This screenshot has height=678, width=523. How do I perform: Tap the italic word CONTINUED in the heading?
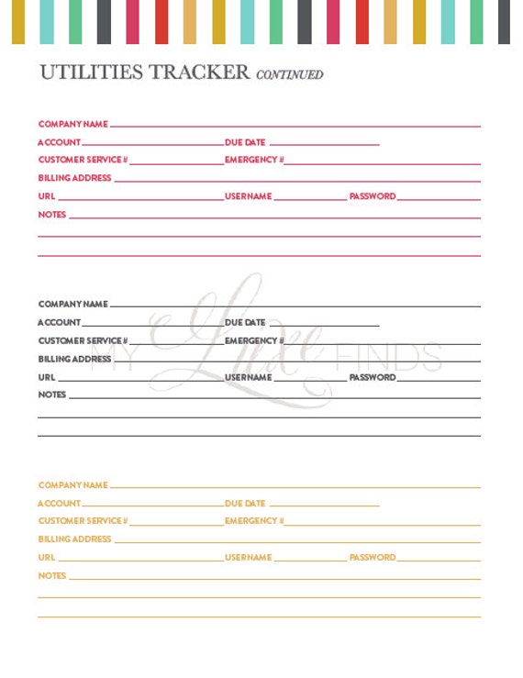[290, 74]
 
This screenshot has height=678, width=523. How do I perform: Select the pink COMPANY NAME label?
[72, 124]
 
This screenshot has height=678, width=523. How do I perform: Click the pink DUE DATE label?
[245, 142]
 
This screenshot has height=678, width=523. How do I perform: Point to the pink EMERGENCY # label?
[254, 160]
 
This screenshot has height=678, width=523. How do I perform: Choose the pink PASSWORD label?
[373, 196]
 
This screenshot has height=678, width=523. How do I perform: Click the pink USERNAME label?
[249, 196]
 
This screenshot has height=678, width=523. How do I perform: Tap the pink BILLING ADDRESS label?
[74, 178]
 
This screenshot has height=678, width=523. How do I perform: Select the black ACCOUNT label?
[59, 322]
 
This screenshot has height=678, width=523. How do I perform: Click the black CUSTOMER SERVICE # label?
[83, 340]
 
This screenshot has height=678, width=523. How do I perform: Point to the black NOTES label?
[52, 395]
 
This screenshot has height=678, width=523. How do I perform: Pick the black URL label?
[47, 377]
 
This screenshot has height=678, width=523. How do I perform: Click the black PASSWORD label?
[373, 377]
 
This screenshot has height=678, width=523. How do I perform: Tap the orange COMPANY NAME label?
[72, 484]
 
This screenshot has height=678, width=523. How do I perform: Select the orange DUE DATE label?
[245, 503]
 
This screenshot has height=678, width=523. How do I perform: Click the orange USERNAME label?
[249, 557]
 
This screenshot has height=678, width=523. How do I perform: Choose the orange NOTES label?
[52, 575]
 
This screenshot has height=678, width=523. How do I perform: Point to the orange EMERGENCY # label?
[254, 520]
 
